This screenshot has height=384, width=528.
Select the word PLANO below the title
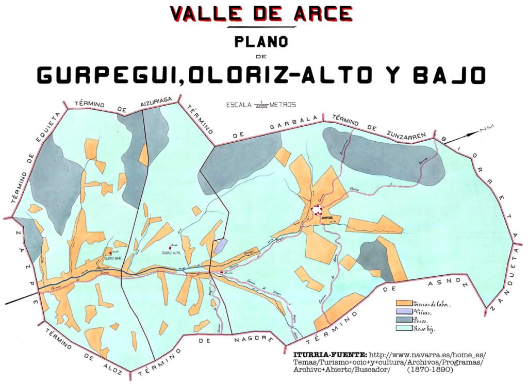click(x=261, y=41)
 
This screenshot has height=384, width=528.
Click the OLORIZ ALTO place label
click(x=174, y=253)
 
